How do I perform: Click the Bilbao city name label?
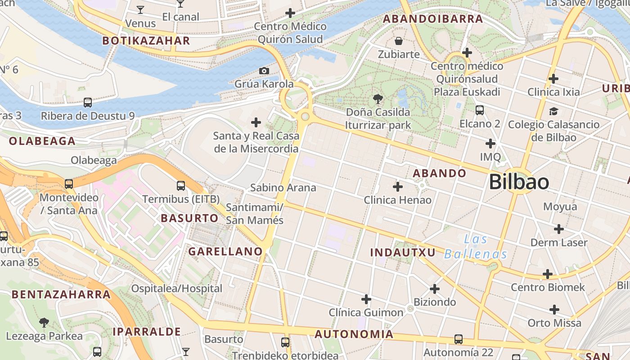pos(518,182)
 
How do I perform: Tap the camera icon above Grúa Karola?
pos(264,71)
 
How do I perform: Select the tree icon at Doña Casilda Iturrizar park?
pos(378,99)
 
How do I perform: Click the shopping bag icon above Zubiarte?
pos(399,41)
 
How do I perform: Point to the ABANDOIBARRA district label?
pos(432,19)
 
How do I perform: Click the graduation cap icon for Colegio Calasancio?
pos(553,111)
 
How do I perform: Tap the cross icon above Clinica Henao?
pos(398,186)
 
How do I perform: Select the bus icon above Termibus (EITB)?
pos(181,185)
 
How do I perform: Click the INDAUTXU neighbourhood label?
pos(403,252)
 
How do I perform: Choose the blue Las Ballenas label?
pos(476,247)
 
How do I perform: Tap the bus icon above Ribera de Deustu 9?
pos(88,103)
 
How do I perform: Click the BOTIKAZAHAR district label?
pos(146,40)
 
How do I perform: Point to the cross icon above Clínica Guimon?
pos(366,299)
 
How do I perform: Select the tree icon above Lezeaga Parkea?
pos(44,322)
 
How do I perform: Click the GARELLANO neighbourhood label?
pos(225,252)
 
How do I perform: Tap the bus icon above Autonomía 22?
pos(459,339)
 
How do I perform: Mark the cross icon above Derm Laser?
pos(559,229)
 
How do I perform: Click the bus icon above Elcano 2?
pos(480,110)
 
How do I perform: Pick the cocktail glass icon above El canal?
pos(180,4)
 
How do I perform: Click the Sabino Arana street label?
pos(283,187)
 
